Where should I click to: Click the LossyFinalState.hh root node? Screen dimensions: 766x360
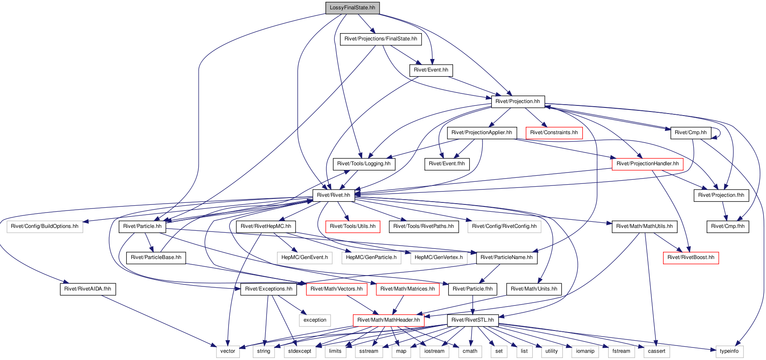pyautogui.click(x=353, y=8)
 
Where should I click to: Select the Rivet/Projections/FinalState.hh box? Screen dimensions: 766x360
pyautogui.click(x=381, y=39)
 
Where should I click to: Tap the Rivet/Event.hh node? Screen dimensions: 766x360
pyautogui.click(x=431, y=70)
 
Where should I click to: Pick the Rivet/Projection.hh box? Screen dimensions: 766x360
pyautogui.click(x=518, y=101)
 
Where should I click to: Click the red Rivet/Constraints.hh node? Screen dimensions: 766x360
pyautogui.click(x=554, y=133)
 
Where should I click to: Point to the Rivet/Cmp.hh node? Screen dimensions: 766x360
pyautogui.click(x=691, y=133)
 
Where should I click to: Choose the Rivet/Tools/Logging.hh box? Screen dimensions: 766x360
pyautogui.click(x=364, y=164)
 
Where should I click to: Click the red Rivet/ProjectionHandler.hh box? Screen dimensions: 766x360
pyautogui.click(x=648, y=164)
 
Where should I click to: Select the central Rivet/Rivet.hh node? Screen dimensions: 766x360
pyautogui.click(x=334, y=195)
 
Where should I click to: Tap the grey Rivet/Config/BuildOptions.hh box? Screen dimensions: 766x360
pyautogui.click(x=45, y=226)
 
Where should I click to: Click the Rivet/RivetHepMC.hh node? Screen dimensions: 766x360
pyautogui.click(x=266, y=226)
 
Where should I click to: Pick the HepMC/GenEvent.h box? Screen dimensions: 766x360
pyautogui.click(x=304, y=257)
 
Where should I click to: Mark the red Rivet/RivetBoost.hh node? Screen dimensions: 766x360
pyautogui.click(x=691, y=257)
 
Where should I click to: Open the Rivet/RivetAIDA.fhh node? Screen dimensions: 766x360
pyautogui.click(x=88, y=289)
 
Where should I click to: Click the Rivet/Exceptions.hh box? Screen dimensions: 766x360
pyautogui.click(x=269, y=289)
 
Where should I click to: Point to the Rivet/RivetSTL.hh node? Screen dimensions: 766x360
pyautogui.click(x=472, y=320)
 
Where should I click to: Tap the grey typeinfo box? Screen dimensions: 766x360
pyautogui.click(x=729, y=351)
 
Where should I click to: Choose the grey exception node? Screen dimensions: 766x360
pyautogui.click(x=315, y=320)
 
